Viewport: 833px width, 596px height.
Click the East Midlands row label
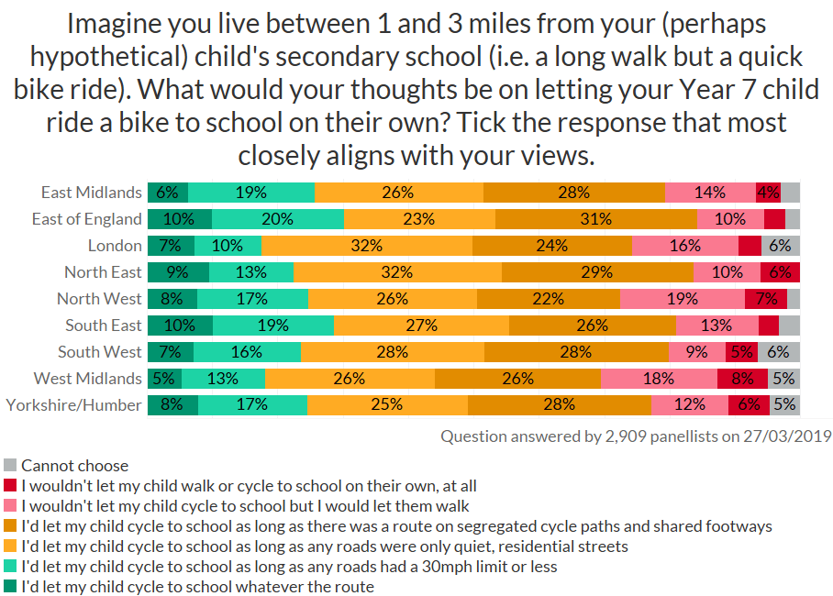[x=92, y=193]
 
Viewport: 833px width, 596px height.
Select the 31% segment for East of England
[x=595, y=219]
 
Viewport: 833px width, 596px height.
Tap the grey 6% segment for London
[x=781, y=246]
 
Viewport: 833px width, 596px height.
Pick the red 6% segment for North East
[x=780, y=272]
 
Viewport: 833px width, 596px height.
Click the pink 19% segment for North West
[x=682, y=299]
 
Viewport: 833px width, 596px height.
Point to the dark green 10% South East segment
[x=180, y=326]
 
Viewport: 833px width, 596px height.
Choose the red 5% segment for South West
[x=740, y=352]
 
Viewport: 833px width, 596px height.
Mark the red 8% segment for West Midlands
[x=743, y=379]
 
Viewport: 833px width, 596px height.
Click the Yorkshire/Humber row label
[x=74, y=405]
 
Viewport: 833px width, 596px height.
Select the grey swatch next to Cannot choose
[x=11, y=466]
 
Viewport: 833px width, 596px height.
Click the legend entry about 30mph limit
[x=289, y=567]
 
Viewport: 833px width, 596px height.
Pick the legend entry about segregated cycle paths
[x=396, y=526]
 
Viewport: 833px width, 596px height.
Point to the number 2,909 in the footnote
[x=606, y=436]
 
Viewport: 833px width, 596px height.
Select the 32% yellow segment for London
[x=367, y=246]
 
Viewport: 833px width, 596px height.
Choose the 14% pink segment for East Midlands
[x=710, y=193]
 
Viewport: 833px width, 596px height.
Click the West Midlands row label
[x=88, y=379]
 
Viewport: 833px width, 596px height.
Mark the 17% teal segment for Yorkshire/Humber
[x=251, y=405]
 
